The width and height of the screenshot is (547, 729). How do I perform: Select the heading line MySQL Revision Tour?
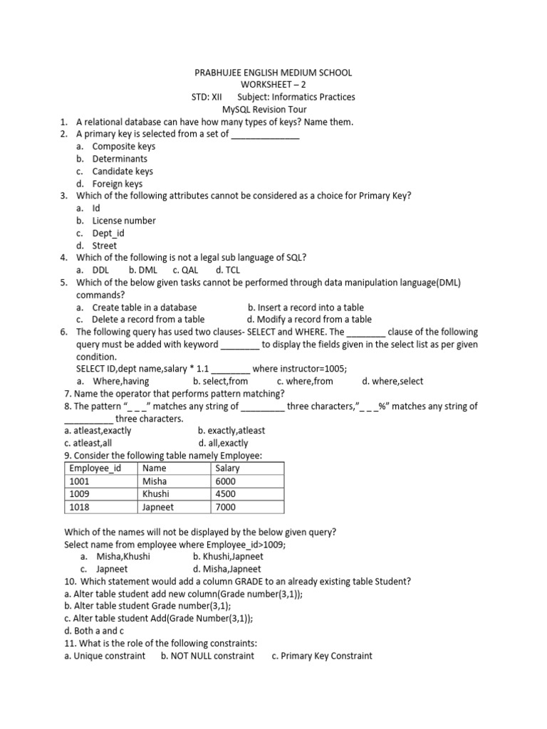click(273, 110)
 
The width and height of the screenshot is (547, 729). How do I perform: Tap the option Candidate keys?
click(122, 171)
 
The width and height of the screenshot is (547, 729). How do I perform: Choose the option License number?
click(123, 221)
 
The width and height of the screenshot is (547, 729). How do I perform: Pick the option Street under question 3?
click(104, 246)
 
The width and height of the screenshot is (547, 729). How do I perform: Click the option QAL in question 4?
click(189, 270)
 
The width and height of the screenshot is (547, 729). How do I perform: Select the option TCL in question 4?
click(234, 270)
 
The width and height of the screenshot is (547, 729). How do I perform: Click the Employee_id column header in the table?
click(95, 468)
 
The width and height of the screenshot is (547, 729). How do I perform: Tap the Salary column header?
click(227, 468)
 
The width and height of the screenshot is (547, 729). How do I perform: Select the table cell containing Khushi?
click(156, 494)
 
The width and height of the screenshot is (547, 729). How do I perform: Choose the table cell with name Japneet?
click(158, 507)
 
